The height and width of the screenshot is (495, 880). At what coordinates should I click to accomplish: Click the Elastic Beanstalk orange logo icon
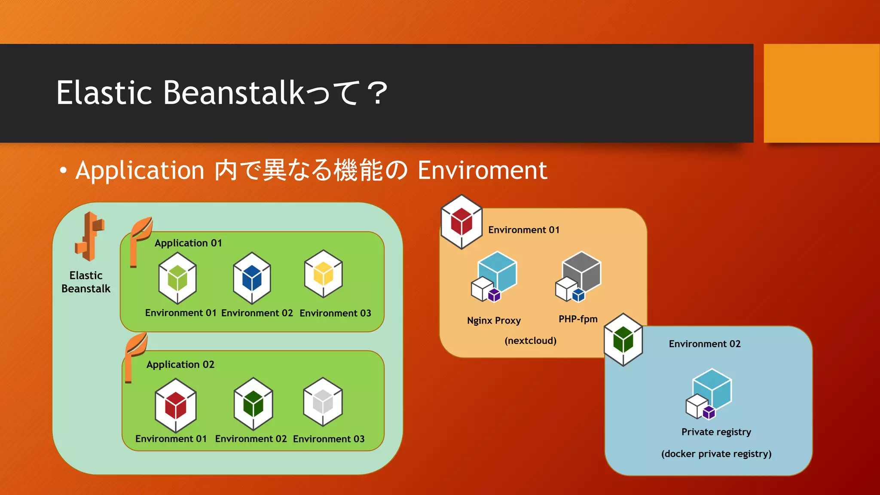pos(89,236)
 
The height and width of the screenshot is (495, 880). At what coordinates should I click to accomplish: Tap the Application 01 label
pos(188,243)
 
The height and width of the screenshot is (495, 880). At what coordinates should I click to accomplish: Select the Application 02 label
pos(180,365)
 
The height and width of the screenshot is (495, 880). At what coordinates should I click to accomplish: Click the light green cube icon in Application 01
pos(177,278)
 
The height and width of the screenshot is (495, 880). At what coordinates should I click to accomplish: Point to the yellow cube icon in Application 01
pos(323,274)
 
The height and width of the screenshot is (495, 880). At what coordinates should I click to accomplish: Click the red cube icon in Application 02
pos(175,405)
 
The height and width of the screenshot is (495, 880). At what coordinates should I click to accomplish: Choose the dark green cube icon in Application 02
pos(253,404)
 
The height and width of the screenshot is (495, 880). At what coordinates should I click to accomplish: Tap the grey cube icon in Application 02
pos(323,402)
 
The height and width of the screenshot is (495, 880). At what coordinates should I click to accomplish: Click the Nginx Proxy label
pos(494,321)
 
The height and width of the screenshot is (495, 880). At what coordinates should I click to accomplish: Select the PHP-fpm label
pos(578,319)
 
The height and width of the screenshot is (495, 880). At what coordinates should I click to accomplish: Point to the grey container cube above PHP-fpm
pos(581,272)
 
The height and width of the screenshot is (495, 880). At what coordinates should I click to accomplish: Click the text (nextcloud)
pos(530,341)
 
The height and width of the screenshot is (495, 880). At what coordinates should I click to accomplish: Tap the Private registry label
pos(716,432)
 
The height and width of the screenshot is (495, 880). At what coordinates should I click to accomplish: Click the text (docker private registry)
pos(716,454)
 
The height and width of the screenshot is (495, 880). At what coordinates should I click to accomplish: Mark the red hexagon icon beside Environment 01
pos(461,222)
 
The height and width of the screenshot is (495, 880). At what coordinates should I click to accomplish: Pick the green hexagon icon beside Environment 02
pos(623,339)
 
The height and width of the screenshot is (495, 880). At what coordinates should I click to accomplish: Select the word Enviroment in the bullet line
pos(482,170)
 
